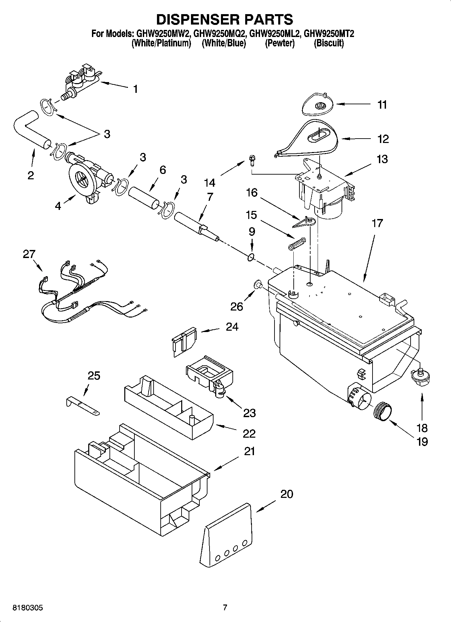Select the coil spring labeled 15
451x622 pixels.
[x=297, y=244]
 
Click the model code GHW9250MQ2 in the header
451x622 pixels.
[x=220, y=34]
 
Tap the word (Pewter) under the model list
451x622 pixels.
[x=280, y=43]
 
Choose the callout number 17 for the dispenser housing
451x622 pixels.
[x=377, y=223]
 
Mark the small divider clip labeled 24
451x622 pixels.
[x=184, y=340]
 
